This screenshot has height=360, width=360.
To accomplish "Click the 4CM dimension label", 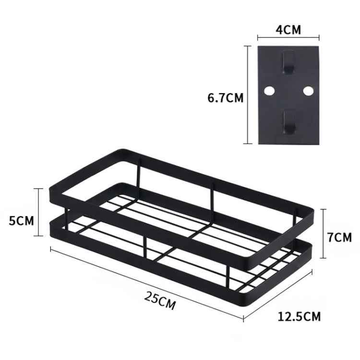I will coord(288,30).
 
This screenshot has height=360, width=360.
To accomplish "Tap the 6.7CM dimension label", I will coord(226,98).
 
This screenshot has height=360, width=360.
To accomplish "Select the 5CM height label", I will coord(21,221).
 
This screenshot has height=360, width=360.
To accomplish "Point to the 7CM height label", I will coord(340,237).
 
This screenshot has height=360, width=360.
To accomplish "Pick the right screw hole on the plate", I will coord(308,90).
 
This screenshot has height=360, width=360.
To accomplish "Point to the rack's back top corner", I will coord(118,152).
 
